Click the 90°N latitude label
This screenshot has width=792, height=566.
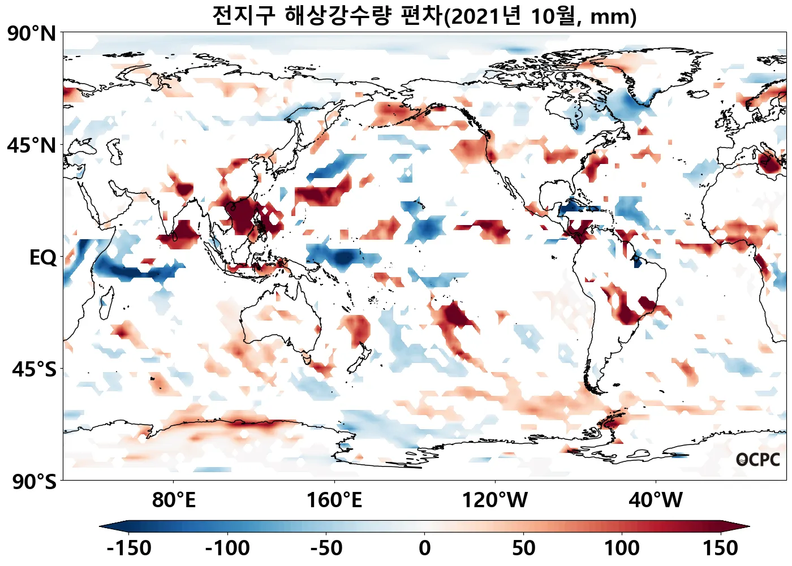tap(32, 34)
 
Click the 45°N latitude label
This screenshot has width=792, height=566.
tap(32, 146)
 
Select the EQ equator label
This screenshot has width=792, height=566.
tap(43, 258)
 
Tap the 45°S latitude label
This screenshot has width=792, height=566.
tap(34, 370)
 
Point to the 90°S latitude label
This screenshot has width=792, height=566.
tap(34, 482)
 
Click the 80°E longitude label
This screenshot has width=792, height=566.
tap(174, 500)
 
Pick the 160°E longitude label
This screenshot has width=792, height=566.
tap(334, 500)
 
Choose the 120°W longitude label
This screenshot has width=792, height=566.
tap(495, 500)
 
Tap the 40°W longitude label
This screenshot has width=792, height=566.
tap(656, 500)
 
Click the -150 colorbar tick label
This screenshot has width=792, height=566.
tap(128, 548)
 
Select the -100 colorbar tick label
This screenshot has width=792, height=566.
tap(227, 548)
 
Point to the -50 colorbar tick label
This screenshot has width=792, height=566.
tap(326, 548)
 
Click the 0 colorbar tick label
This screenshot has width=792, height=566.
tap(425, 548)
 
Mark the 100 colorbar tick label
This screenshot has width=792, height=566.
tap(622, 548)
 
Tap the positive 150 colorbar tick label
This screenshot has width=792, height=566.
tap(721, 548)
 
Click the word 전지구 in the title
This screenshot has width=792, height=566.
tap(244, 16)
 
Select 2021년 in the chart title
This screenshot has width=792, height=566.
tap(486, 16)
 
